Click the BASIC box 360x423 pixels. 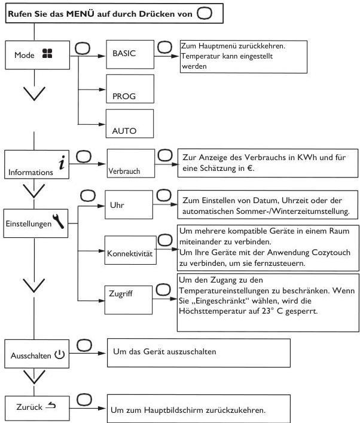pyautogui.click(x=130, y=54)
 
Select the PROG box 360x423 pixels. pyautogui.click(x=130, y=89)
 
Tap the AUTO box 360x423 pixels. pyautogui.click(x=130, y=124)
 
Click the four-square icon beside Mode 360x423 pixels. pyautogui.click(x=47, y=53)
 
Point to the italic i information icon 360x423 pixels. pyautogui.click(x=62, y=163)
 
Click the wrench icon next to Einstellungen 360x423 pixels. pyautogui.click(x=59, y=221)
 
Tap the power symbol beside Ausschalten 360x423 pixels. pyautogui.click(x=60, y=354)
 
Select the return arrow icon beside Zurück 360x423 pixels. pyautogui.click(x=51, y=405)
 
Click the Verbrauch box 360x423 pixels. pyautogui.click(x=131, y=164)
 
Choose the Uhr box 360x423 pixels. pyautogui.click(x=129, y=204)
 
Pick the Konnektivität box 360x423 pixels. pyautogui.click(x=130, y=250)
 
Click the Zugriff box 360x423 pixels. pyautogui.click(x=129, y=300)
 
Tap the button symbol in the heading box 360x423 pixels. pyautogui.click(x=205, y=13)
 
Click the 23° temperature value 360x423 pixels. pyautogui.click(x=266, y=311)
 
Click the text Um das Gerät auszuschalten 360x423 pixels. pyautogui.click(x=164, y=351)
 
